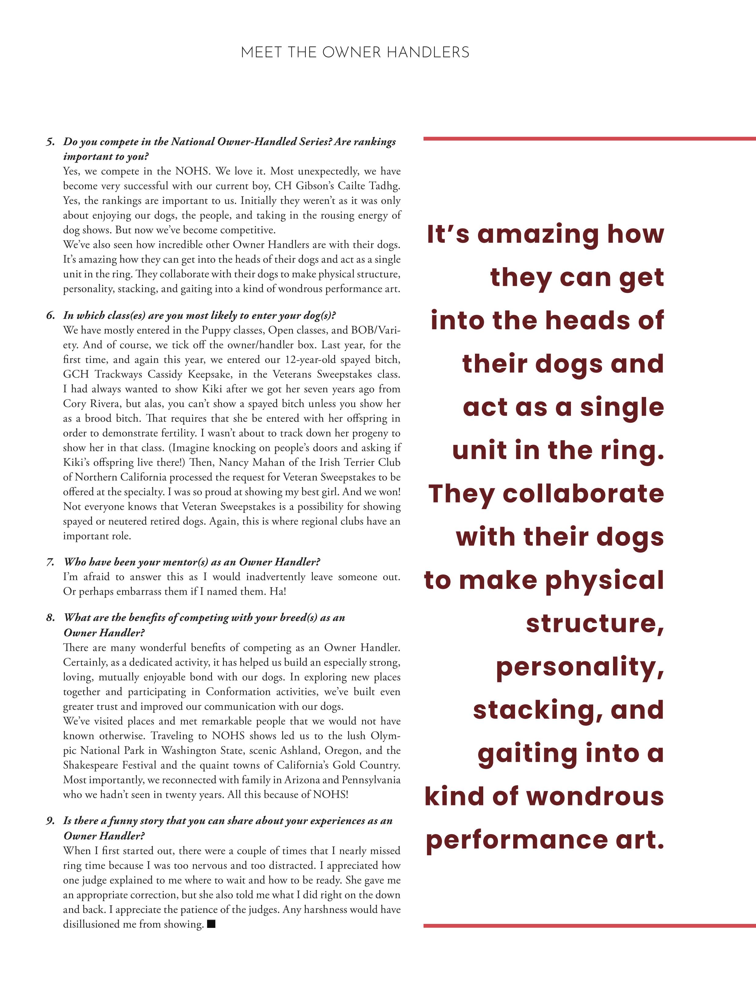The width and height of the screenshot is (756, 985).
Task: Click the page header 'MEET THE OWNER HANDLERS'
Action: tap(355, 53)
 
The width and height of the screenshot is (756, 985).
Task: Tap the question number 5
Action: tap(50, 142)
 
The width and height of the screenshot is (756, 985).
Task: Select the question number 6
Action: tap(50, 316)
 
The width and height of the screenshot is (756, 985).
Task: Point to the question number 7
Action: tap(50, 562)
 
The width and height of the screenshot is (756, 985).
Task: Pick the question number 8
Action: tap(50, 618)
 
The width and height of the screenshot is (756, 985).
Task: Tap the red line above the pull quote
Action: tap(590, 139)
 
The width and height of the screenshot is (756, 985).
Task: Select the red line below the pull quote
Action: tap(590, 926)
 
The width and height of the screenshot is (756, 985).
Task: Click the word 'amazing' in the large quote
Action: tap(538, 235)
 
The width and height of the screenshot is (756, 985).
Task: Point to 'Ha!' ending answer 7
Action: tap(278, 591)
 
